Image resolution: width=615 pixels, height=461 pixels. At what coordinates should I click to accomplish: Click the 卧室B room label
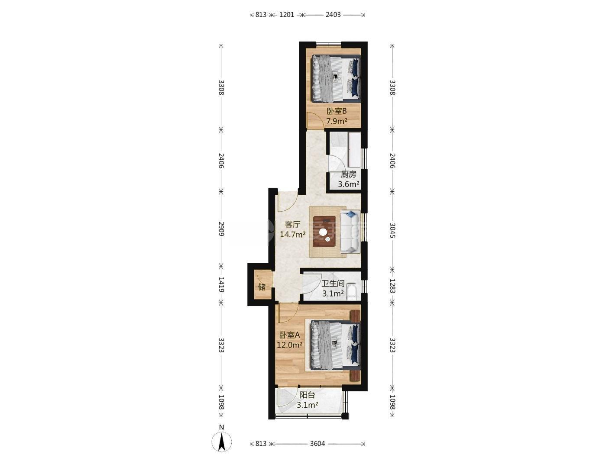coord(337,111)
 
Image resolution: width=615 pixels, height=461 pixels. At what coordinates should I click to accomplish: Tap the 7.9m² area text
coord(337,121)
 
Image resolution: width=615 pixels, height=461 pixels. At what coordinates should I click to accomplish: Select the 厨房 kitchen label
coord(348,174)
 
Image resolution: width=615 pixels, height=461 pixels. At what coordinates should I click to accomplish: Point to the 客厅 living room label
coord(292,224)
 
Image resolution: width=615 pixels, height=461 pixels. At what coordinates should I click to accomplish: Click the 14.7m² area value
coord(292,234)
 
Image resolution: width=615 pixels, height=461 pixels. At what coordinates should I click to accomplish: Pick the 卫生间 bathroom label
coord(333,284)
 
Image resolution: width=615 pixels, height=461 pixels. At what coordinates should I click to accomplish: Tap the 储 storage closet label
coord(262,287)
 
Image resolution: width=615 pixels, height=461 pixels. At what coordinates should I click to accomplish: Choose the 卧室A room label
coord(290,335)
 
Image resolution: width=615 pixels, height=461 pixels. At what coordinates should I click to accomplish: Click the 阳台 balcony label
coord(307,395)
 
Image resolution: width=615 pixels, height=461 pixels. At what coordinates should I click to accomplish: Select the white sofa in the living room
coord(350,232)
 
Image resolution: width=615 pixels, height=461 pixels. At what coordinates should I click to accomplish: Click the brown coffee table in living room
coord(324,232)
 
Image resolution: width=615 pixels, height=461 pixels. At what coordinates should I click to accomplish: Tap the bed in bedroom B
coord(336,79)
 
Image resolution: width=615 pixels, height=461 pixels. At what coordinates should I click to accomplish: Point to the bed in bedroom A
coord(336,345)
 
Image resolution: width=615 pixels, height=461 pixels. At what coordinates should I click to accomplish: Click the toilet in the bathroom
coord(351,292)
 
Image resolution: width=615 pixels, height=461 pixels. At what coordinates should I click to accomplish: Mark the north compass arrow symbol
coord(222,442)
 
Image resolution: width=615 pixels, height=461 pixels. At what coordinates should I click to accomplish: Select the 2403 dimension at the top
coord(333,15)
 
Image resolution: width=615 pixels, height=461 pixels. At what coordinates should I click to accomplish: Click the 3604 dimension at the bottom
coord(317,444)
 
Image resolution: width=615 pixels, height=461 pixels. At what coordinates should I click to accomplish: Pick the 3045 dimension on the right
coord(392,230)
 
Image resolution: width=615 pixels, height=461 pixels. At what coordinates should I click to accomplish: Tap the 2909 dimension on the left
coord(221,229)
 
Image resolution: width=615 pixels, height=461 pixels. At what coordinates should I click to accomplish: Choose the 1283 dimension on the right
coord(392,286)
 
